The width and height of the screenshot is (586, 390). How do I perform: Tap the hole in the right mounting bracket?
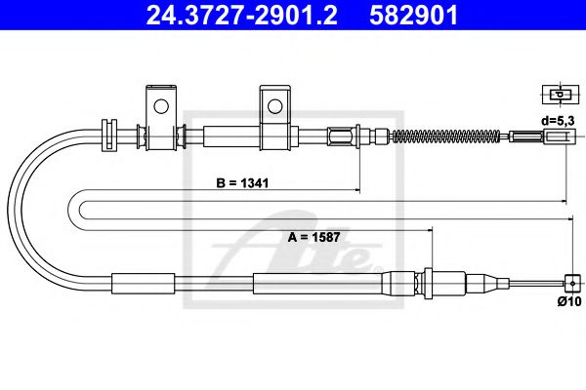tap(274, 103)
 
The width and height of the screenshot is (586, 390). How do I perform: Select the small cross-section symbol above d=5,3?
tap(558, 95)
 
